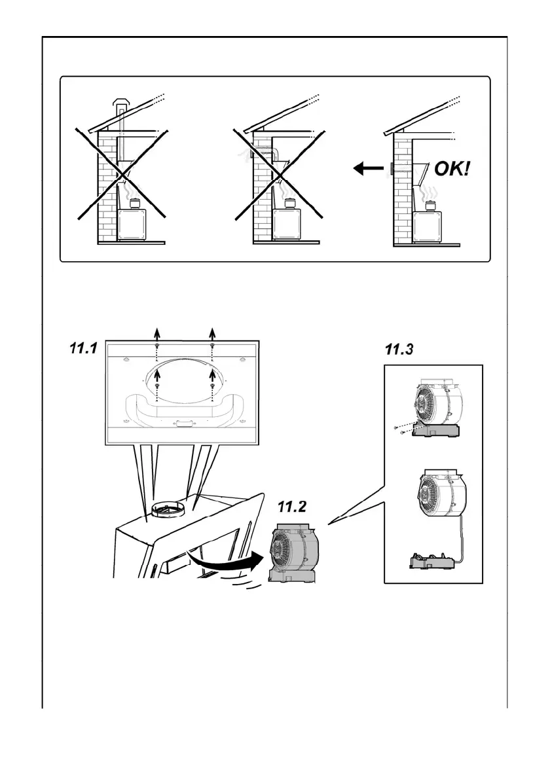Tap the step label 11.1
pos(84,350)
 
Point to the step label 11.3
pos(399,350)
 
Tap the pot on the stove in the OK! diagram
pos(430,206)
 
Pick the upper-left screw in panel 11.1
pos(157,346)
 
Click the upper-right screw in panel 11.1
pos(211,346)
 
